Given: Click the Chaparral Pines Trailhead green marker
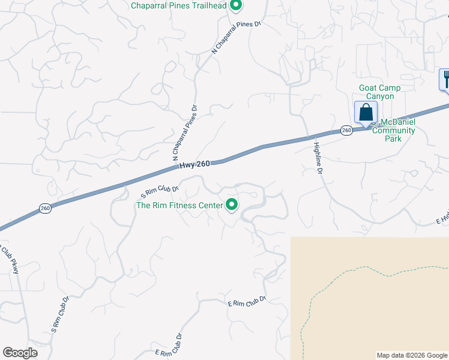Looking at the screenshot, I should (x=236, y=6).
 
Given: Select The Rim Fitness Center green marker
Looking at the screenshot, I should (x=232, y=205).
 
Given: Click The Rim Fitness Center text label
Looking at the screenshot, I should (x=179, y=205).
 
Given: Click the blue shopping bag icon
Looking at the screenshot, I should (x=366, y=112).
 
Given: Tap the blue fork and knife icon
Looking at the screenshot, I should (x=445, y=79).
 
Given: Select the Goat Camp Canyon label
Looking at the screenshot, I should (x=380, y=92).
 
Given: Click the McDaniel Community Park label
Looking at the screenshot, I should (x=394, y=130).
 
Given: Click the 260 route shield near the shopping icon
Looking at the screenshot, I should (x=346, y=130).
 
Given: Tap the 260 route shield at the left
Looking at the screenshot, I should (x=46, y=208).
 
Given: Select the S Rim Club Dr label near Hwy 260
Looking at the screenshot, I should (x=160, y=192).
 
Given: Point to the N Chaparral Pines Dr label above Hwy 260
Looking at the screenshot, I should (x=185, y=134).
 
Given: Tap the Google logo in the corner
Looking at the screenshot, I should (x=20, y=353).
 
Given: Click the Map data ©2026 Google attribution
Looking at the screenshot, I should (x=412, y=355).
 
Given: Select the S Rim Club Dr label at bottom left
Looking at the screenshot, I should (x=61, y=314).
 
